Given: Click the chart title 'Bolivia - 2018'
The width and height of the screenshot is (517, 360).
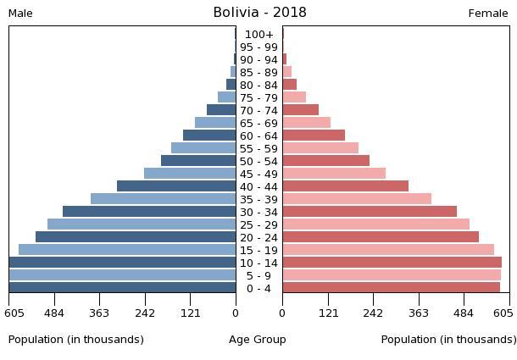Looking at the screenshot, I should (259, 13).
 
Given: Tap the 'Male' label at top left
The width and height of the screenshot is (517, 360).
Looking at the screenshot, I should (20, 14).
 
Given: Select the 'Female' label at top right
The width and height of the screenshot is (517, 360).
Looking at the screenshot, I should (488, 14).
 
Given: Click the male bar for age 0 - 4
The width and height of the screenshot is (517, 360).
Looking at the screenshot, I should (123, 288).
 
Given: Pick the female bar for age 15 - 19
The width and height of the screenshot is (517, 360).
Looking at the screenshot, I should (388, 250).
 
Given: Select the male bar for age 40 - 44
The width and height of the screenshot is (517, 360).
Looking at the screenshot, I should (176, 186).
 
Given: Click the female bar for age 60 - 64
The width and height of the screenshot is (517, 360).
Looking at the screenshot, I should (314, 136).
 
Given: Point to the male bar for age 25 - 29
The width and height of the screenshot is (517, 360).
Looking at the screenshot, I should (142, 224).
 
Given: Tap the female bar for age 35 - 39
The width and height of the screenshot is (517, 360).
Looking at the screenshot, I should (357, 199).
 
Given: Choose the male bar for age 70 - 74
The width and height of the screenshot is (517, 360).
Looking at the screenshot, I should (221, 110).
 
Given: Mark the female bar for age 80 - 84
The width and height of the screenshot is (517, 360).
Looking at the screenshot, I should (290, 85).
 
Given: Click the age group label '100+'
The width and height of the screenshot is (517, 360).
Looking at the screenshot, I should (258, 35).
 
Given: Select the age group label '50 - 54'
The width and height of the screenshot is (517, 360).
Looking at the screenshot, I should (258, 161).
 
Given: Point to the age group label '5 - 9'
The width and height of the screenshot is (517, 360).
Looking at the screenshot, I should (258, 275).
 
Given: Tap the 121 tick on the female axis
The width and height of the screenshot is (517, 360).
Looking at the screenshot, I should (328, 313).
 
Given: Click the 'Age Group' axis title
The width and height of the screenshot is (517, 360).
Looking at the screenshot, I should (258, 340).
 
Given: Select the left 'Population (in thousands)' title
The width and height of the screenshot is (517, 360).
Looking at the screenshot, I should (76, 340).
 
